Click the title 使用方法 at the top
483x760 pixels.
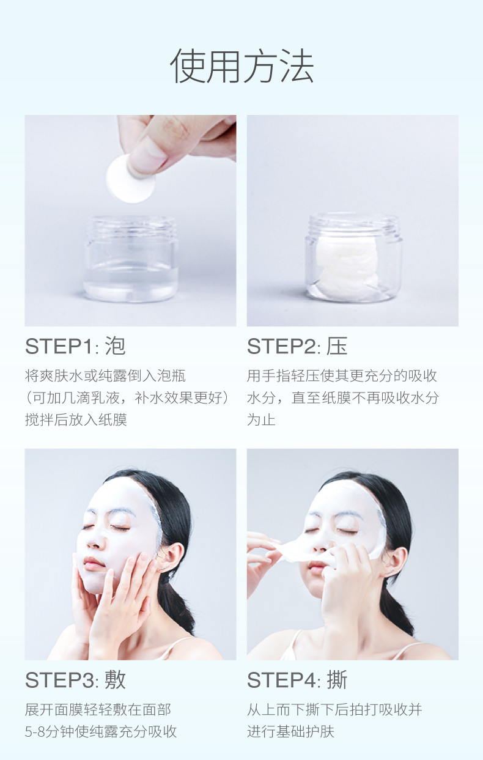click(242, 66)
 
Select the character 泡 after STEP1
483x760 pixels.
click(115, 346)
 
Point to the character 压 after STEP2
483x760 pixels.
click(337, 346)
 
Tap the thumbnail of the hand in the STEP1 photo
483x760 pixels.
click(147, 155)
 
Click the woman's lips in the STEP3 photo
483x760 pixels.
click(93, 564)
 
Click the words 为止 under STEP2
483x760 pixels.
click(261, 420)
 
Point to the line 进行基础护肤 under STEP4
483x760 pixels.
click(290, 732)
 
